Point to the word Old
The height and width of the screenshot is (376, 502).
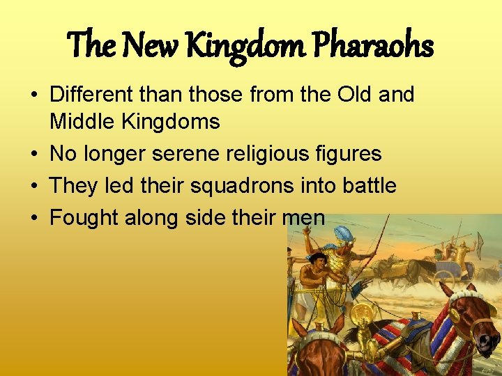pos(349,94)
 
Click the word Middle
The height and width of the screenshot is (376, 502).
pos(83,122)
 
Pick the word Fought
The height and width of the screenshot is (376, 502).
pos(84,218)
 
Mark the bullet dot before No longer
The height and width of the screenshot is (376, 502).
pos(35,154)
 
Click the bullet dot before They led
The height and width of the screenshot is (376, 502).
pos(35,186)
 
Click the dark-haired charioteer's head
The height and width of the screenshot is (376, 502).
pos(317,260)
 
